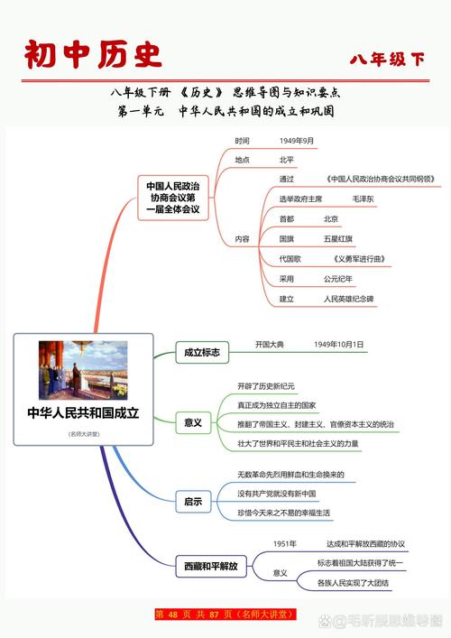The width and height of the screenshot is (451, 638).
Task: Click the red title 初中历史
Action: (94, 54)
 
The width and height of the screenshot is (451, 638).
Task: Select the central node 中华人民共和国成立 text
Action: (83, 413)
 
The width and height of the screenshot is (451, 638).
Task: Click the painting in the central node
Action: (83, 367)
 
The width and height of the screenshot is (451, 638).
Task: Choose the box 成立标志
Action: (201, 352)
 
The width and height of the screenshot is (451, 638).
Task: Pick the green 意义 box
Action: (193, 422)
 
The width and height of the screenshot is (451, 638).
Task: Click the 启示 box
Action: (193, 501)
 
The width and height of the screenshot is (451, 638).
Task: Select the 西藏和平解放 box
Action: (210, 567)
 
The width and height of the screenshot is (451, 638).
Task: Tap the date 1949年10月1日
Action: (339, 345)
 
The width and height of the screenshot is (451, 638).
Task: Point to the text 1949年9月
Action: (297, 142)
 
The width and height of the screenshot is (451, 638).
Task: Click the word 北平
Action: (287, 160)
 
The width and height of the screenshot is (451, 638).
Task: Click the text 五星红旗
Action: (338, 239)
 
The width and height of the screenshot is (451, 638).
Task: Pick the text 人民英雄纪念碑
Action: (348, 299)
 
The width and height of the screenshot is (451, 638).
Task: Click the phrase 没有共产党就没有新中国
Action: (277, 494)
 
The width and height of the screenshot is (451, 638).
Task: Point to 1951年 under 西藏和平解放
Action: (285, 544)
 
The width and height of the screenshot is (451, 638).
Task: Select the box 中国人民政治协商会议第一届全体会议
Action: (174, 198)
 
